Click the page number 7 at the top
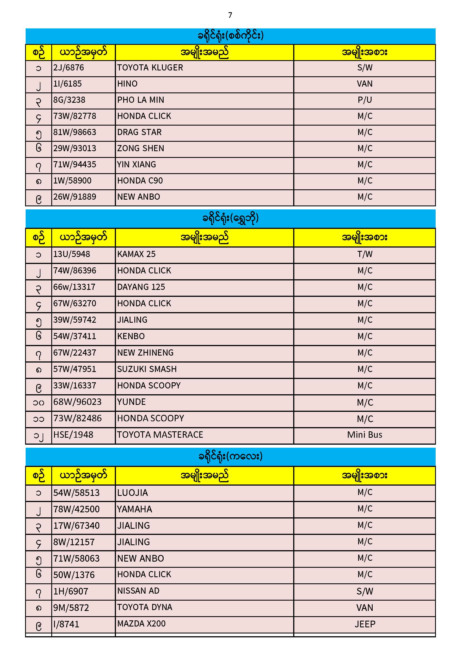pos(230,15)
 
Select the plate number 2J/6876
pos(69,68)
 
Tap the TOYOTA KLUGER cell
pos(150,68)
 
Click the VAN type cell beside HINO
pos(365,84)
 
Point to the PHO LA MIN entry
pos(141,100)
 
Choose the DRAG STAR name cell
pos(139,133)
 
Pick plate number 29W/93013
pos(75,149)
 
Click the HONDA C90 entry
pos(140,181)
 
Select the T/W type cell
pos(365,254)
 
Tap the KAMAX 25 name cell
pos(137,254)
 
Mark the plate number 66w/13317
pos(74,287)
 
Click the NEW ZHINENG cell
pos(145,353)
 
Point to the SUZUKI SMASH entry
pos(147,369)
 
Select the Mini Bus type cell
pos(365,435)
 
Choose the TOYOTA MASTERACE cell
pos(160,435)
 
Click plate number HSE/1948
pos(73,435)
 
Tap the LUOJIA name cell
pos(133,493)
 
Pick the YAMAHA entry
pos(135,510)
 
